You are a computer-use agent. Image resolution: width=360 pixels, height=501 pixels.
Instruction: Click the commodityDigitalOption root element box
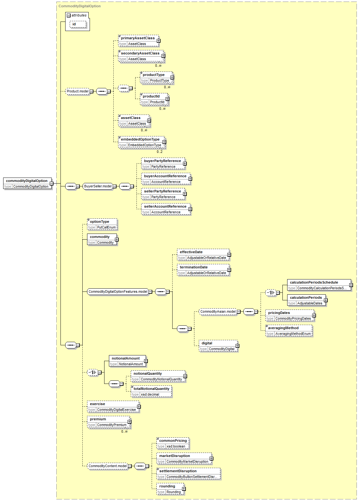(27, 183)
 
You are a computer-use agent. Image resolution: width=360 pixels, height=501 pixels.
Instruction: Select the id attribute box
(78, 24)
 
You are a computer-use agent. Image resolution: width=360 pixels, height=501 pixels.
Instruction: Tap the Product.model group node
(78, 91)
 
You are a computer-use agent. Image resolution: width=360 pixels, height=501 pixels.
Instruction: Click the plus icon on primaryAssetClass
(158, 41)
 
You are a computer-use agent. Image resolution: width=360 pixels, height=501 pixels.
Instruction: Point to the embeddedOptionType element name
(140, 139)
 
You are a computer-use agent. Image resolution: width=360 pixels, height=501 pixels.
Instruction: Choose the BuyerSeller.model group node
(98, 186)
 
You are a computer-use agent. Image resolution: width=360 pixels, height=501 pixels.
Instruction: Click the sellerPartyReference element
(163, 194)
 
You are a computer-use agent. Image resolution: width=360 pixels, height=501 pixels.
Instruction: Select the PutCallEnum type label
(106, 227)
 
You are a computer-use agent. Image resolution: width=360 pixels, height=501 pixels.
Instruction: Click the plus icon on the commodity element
(117, 239)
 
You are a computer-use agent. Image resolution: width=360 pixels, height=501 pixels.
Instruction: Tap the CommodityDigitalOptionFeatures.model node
(118, 292)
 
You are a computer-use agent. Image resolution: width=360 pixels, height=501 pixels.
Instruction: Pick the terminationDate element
(203, 270)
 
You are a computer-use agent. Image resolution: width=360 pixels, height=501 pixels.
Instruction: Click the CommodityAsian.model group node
(218, 311)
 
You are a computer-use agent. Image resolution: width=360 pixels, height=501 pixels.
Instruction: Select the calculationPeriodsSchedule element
(319, 285)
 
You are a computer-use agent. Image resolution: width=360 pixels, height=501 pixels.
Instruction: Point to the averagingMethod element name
(283, 328)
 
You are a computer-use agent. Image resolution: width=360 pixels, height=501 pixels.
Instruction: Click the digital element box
(218, 346)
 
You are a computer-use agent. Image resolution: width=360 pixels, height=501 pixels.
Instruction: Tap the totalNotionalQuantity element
(151, 391)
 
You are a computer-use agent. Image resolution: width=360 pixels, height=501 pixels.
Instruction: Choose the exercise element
(113, 407)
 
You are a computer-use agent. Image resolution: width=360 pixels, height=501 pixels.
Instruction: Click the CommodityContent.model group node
(108, 466)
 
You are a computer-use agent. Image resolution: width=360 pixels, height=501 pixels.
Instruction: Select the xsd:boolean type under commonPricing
(176, 446)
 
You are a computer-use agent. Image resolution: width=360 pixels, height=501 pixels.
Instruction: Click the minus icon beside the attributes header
(69, 16)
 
